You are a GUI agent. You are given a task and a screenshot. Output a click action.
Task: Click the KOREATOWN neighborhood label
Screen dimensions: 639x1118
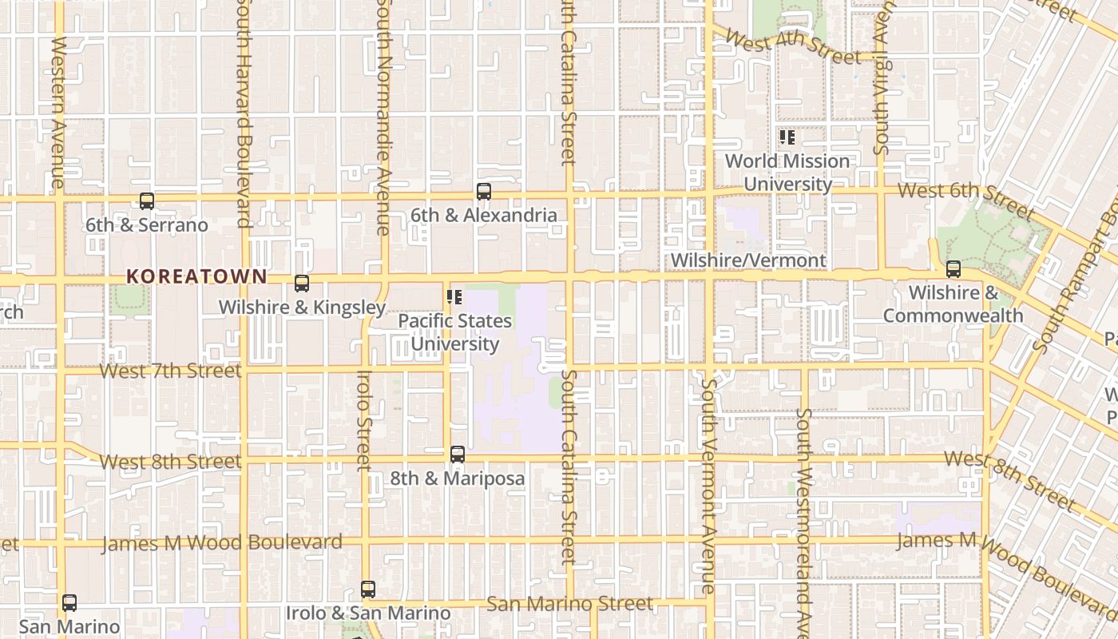coord(196,276)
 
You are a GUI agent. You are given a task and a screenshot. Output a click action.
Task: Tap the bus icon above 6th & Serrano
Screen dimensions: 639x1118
coord(147,201)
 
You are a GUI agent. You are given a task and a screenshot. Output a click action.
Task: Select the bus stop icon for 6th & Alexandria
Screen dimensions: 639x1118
coord(483,192)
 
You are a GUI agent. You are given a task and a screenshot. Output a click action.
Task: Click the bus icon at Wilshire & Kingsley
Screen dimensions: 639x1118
coord(302,284)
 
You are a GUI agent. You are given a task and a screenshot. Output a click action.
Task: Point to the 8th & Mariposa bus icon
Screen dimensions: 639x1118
coord(458,454)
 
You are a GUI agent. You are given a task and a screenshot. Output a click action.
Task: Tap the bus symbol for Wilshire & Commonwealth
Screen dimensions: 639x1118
coord(953,269)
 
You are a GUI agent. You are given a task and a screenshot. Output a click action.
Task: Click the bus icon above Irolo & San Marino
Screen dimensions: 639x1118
coord(367,589)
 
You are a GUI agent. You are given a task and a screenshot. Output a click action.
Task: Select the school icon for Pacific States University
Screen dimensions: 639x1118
coord(454,298)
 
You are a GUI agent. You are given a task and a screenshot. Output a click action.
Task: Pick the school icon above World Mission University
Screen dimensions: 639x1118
coord(787,137)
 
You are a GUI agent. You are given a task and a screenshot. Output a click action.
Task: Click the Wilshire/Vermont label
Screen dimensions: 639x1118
coord(748,260)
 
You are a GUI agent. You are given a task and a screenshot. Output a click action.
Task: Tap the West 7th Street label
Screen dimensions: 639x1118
coord(170,371)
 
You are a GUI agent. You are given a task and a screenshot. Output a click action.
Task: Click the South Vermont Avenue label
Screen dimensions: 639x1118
coord(708,486)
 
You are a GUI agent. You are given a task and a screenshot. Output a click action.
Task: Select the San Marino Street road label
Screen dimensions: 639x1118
coord(569,604)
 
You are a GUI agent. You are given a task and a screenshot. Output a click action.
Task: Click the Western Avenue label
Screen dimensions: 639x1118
coord(58,112)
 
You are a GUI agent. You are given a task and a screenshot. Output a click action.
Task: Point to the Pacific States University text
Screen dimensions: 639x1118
coord(455,332)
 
